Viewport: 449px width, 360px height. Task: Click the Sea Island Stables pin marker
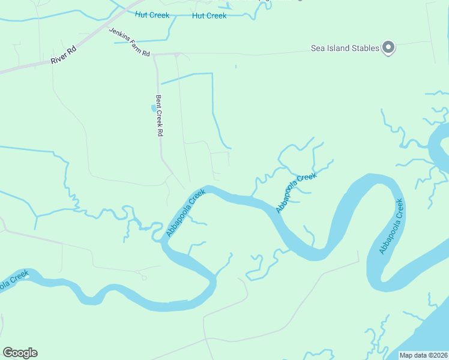(388, 47)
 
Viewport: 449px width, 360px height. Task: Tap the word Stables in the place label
(364, 49)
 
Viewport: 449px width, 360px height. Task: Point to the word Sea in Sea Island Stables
(318, 49)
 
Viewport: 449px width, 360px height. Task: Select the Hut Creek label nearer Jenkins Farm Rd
(152, 15)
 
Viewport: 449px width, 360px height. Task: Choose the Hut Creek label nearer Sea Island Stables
(209, 16)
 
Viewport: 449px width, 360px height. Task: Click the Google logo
(20, 353)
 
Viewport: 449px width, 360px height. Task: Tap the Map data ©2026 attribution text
(424, 355)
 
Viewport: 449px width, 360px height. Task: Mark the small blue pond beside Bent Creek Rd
(152, 108)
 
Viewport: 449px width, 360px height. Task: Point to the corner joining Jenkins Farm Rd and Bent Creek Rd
(154, 55)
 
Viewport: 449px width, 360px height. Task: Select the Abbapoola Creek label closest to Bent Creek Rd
(186, 212)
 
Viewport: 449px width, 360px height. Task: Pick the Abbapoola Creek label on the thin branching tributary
(296, 192)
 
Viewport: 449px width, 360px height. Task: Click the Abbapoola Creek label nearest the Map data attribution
(393, 226)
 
